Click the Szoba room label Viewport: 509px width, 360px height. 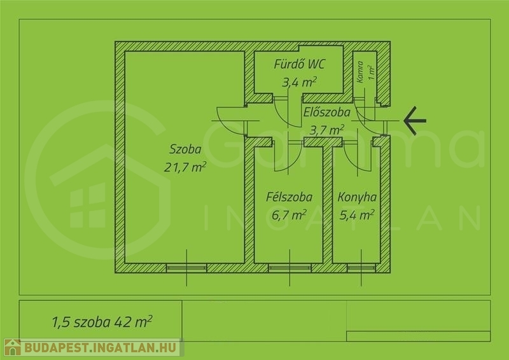[x=185, y=149]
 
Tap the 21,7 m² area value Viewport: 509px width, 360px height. [x=185, y=167]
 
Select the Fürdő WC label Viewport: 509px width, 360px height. [x=299, y=64]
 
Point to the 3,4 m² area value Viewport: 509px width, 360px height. [x=299, y=82]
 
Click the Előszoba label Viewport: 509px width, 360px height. [x=326, y=113]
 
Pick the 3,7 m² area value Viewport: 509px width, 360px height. [x=326, y=130]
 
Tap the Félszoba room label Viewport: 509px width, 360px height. [x=289, y=197]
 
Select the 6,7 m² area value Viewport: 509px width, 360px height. [x=289, y=215]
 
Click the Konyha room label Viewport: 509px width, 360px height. [x=357, y=197]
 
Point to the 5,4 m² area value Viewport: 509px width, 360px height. [x=357, y=214]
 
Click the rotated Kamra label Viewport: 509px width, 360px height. [x=360, y=72]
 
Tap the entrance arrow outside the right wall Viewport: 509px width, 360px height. [x=415, y=121]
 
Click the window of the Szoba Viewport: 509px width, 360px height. [x=186, y=268]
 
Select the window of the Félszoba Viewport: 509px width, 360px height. [x=289, y=268]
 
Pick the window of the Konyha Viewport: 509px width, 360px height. [x=361, y=268]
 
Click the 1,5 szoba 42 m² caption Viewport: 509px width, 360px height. [x=102, y=322]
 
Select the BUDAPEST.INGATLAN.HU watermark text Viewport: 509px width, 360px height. [x=101, y=348]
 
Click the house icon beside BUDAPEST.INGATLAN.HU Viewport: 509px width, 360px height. [x=13, y=347]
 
